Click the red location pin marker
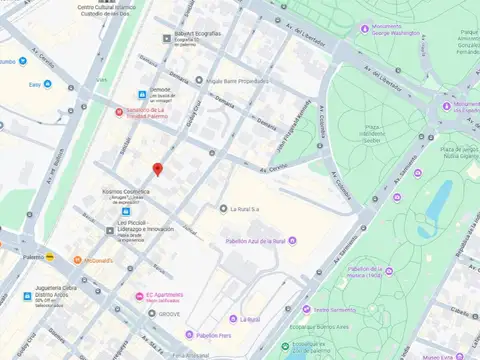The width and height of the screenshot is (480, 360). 156,169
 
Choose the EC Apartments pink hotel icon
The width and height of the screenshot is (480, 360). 139,296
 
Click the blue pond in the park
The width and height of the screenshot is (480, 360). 439,199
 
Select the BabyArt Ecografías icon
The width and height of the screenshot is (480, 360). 168,39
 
